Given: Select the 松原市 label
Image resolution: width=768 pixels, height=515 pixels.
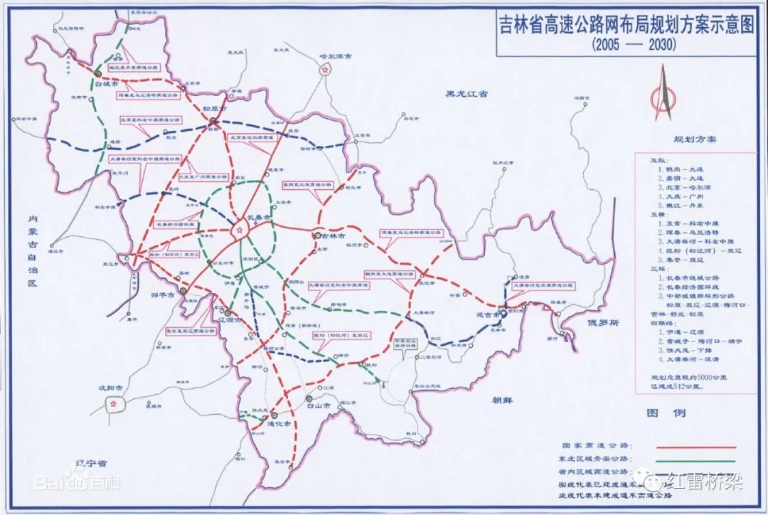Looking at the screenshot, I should pos(213,110).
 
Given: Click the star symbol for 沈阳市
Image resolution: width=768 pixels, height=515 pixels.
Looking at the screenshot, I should pos(114,403).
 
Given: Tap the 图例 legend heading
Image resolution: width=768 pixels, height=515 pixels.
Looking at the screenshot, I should pos(659,413).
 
